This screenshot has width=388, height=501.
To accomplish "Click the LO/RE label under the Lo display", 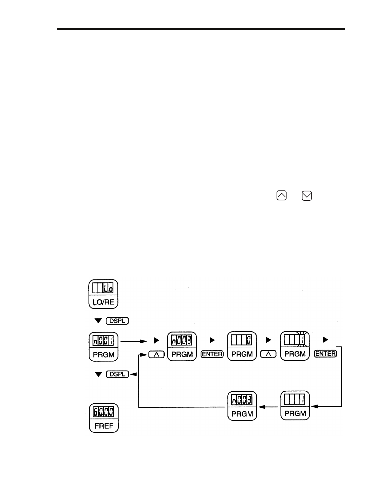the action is [103, 302].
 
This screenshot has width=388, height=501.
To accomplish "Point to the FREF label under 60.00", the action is [104, 426].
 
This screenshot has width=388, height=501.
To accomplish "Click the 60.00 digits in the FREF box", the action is [104, 412].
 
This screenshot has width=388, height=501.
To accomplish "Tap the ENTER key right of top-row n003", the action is [212, 354].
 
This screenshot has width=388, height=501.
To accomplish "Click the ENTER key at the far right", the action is [325, 354].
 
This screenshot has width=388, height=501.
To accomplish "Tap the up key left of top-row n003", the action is [156, 355].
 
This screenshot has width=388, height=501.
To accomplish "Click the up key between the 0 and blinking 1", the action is [268, 354].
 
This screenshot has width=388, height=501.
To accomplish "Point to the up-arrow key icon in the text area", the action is [282, 196].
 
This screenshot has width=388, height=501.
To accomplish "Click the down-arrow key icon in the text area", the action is [307, 196].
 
